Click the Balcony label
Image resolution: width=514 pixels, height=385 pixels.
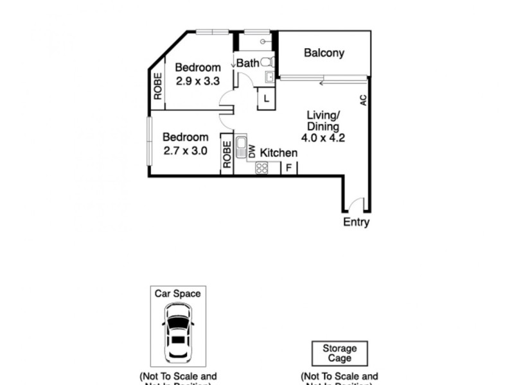click(324, 53)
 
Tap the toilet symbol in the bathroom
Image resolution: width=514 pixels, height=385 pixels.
click(271, 62)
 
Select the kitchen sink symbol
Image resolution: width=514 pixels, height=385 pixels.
click(242, 147)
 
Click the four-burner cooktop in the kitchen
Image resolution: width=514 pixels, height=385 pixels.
click(261, 167)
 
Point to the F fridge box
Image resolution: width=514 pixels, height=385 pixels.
click(289, 168)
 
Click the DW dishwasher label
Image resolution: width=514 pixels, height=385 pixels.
click(253, 152)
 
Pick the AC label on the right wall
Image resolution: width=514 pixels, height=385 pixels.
click(363, 100)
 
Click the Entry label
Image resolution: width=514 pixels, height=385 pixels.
click(356, 223)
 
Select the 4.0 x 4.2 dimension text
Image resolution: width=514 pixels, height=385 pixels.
click(323, 137)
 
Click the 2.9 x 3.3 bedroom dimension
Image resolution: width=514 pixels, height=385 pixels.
click(198, 81)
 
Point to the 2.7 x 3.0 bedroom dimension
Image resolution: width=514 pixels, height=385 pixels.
click(185, 151)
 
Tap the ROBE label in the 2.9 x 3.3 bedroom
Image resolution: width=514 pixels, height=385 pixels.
click(157, 86)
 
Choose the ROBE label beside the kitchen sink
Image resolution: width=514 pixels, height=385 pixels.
click(227, 154)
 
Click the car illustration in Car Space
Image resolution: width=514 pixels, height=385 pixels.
click(178, 333)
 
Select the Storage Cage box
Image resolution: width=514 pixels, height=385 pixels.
click(339, 354)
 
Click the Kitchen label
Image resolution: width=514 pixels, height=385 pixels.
click(278, 153)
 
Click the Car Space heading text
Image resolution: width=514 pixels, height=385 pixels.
click(178, 293)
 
